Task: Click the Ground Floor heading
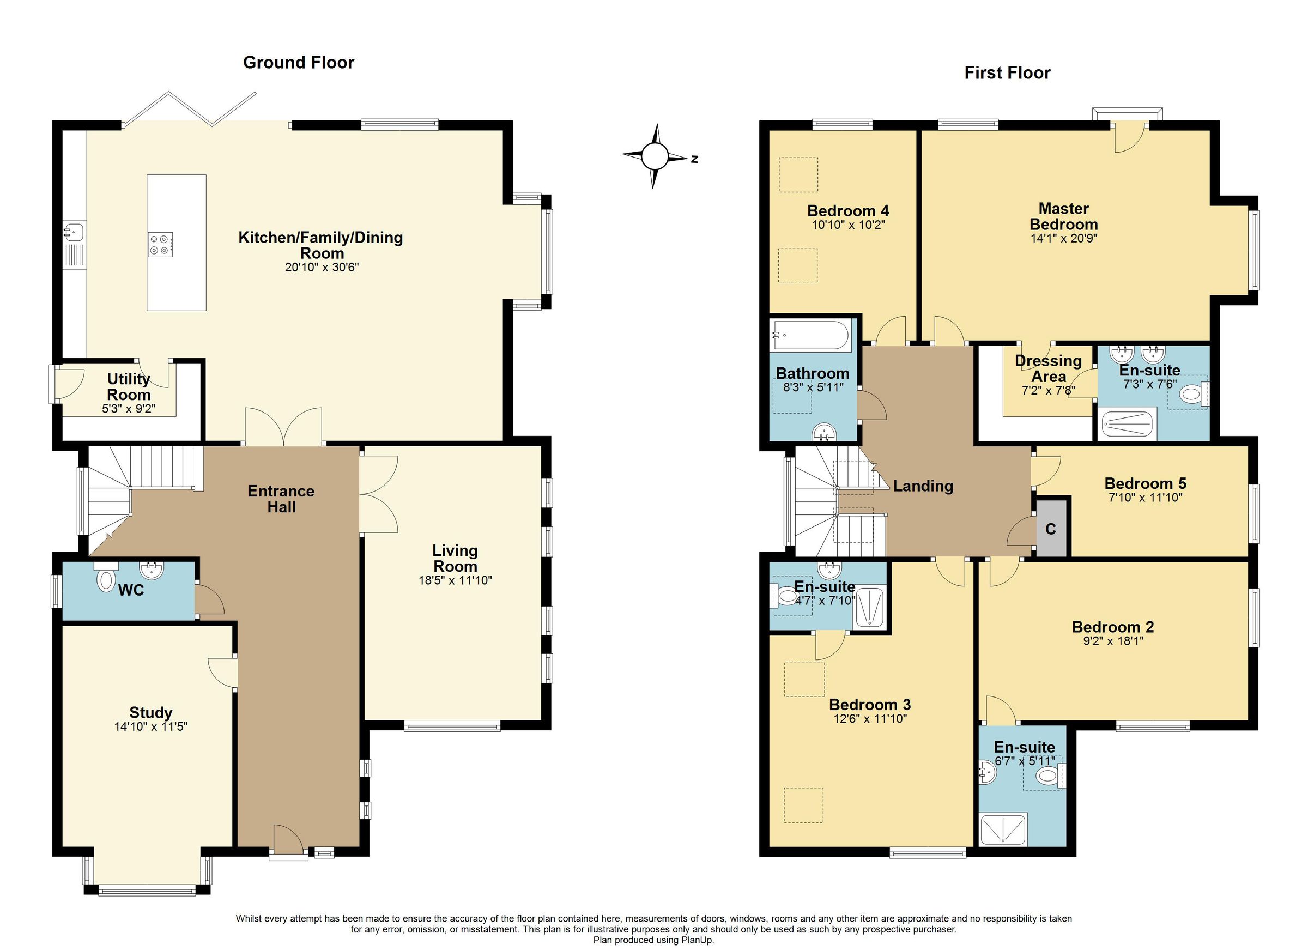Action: click(x=298, y=62)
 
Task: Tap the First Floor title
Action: click(x=1007, y=72)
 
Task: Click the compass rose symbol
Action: click(x=654, y=156)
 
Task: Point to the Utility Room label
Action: click(x=129, y=387)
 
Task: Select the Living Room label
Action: click(x=455, y=558)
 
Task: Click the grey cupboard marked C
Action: click(x=1051, y=529)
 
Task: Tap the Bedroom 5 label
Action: click(x=1145, y=483)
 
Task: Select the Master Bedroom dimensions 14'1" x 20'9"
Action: click(x=1063, y=238)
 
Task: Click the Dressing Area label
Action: click(x=1048, y=368)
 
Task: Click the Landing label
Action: click(x=923, y=486)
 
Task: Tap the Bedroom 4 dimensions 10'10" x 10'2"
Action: click(x=848, y=225)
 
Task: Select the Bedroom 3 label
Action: click(x=870, y=705)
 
